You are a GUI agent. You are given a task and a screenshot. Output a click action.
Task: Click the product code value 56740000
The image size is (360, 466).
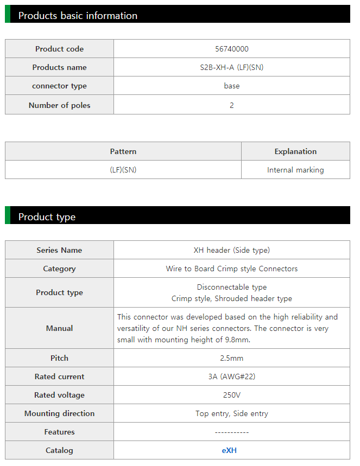pyautogui.click(x=232, y=49)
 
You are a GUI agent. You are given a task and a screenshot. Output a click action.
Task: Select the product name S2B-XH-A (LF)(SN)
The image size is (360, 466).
pyautogui.click(x=232, y=67)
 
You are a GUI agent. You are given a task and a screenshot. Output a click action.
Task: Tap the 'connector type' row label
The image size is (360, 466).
pyautogui.click(x=59, y=86)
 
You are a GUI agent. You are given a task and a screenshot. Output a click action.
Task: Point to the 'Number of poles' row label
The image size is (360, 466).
pyautogui.click(x=59, y=105)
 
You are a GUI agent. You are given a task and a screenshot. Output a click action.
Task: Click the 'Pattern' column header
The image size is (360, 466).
pyautogui.click(x=123, y=151)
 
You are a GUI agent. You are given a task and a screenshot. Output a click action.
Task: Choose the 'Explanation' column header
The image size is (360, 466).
pyautogui.click(x=295, y=151)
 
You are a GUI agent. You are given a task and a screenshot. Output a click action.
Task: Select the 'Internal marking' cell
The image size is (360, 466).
pyautogui.click(x=295, y=170)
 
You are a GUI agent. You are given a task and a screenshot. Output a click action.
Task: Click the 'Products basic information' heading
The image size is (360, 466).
pyautogui.click(x=78, y=15)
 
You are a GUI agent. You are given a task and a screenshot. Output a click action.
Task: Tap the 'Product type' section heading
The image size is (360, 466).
pyautogui.click(x=47, y=216)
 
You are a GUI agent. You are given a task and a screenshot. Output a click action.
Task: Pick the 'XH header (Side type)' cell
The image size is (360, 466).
pyautogui.click(x=232, y=250)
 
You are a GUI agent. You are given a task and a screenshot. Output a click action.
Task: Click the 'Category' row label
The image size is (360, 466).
pyautogui.click(x=59, y=269)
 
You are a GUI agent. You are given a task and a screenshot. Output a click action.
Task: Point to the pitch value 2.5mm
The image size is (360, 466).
pyautogui.click(x=232, y=358)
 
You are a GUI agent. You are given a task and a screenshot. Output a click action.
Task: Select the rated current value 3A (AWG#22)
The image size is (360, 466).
pyautogui.click(x=232, y=376)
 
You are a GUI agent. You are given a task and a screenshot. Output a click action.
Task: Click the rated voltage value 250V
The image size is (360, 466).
pyautogui.click(x=232, y=395)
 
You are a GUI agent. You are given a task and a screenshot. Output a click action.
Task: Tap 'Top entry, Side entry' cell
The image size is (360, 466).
pyautogui.click(x=232, y=413)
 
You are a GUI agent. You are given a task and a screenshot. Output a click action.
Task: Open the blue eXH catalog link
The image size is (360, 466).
pyautogui.click(x=229, y=450)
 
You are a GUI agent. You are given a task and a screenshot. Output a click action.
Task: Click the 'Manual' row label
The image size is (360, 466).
pyautogui.click(x=59, y=328)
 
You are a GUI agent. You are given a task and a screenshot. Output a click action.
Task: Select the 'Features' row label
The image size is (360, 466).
pyautogui.click(x=59, y=432)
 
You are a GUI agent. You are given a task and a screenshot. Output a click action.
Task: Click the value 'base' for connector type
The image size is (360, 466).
pyautogui.click(x=232, y=86)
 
